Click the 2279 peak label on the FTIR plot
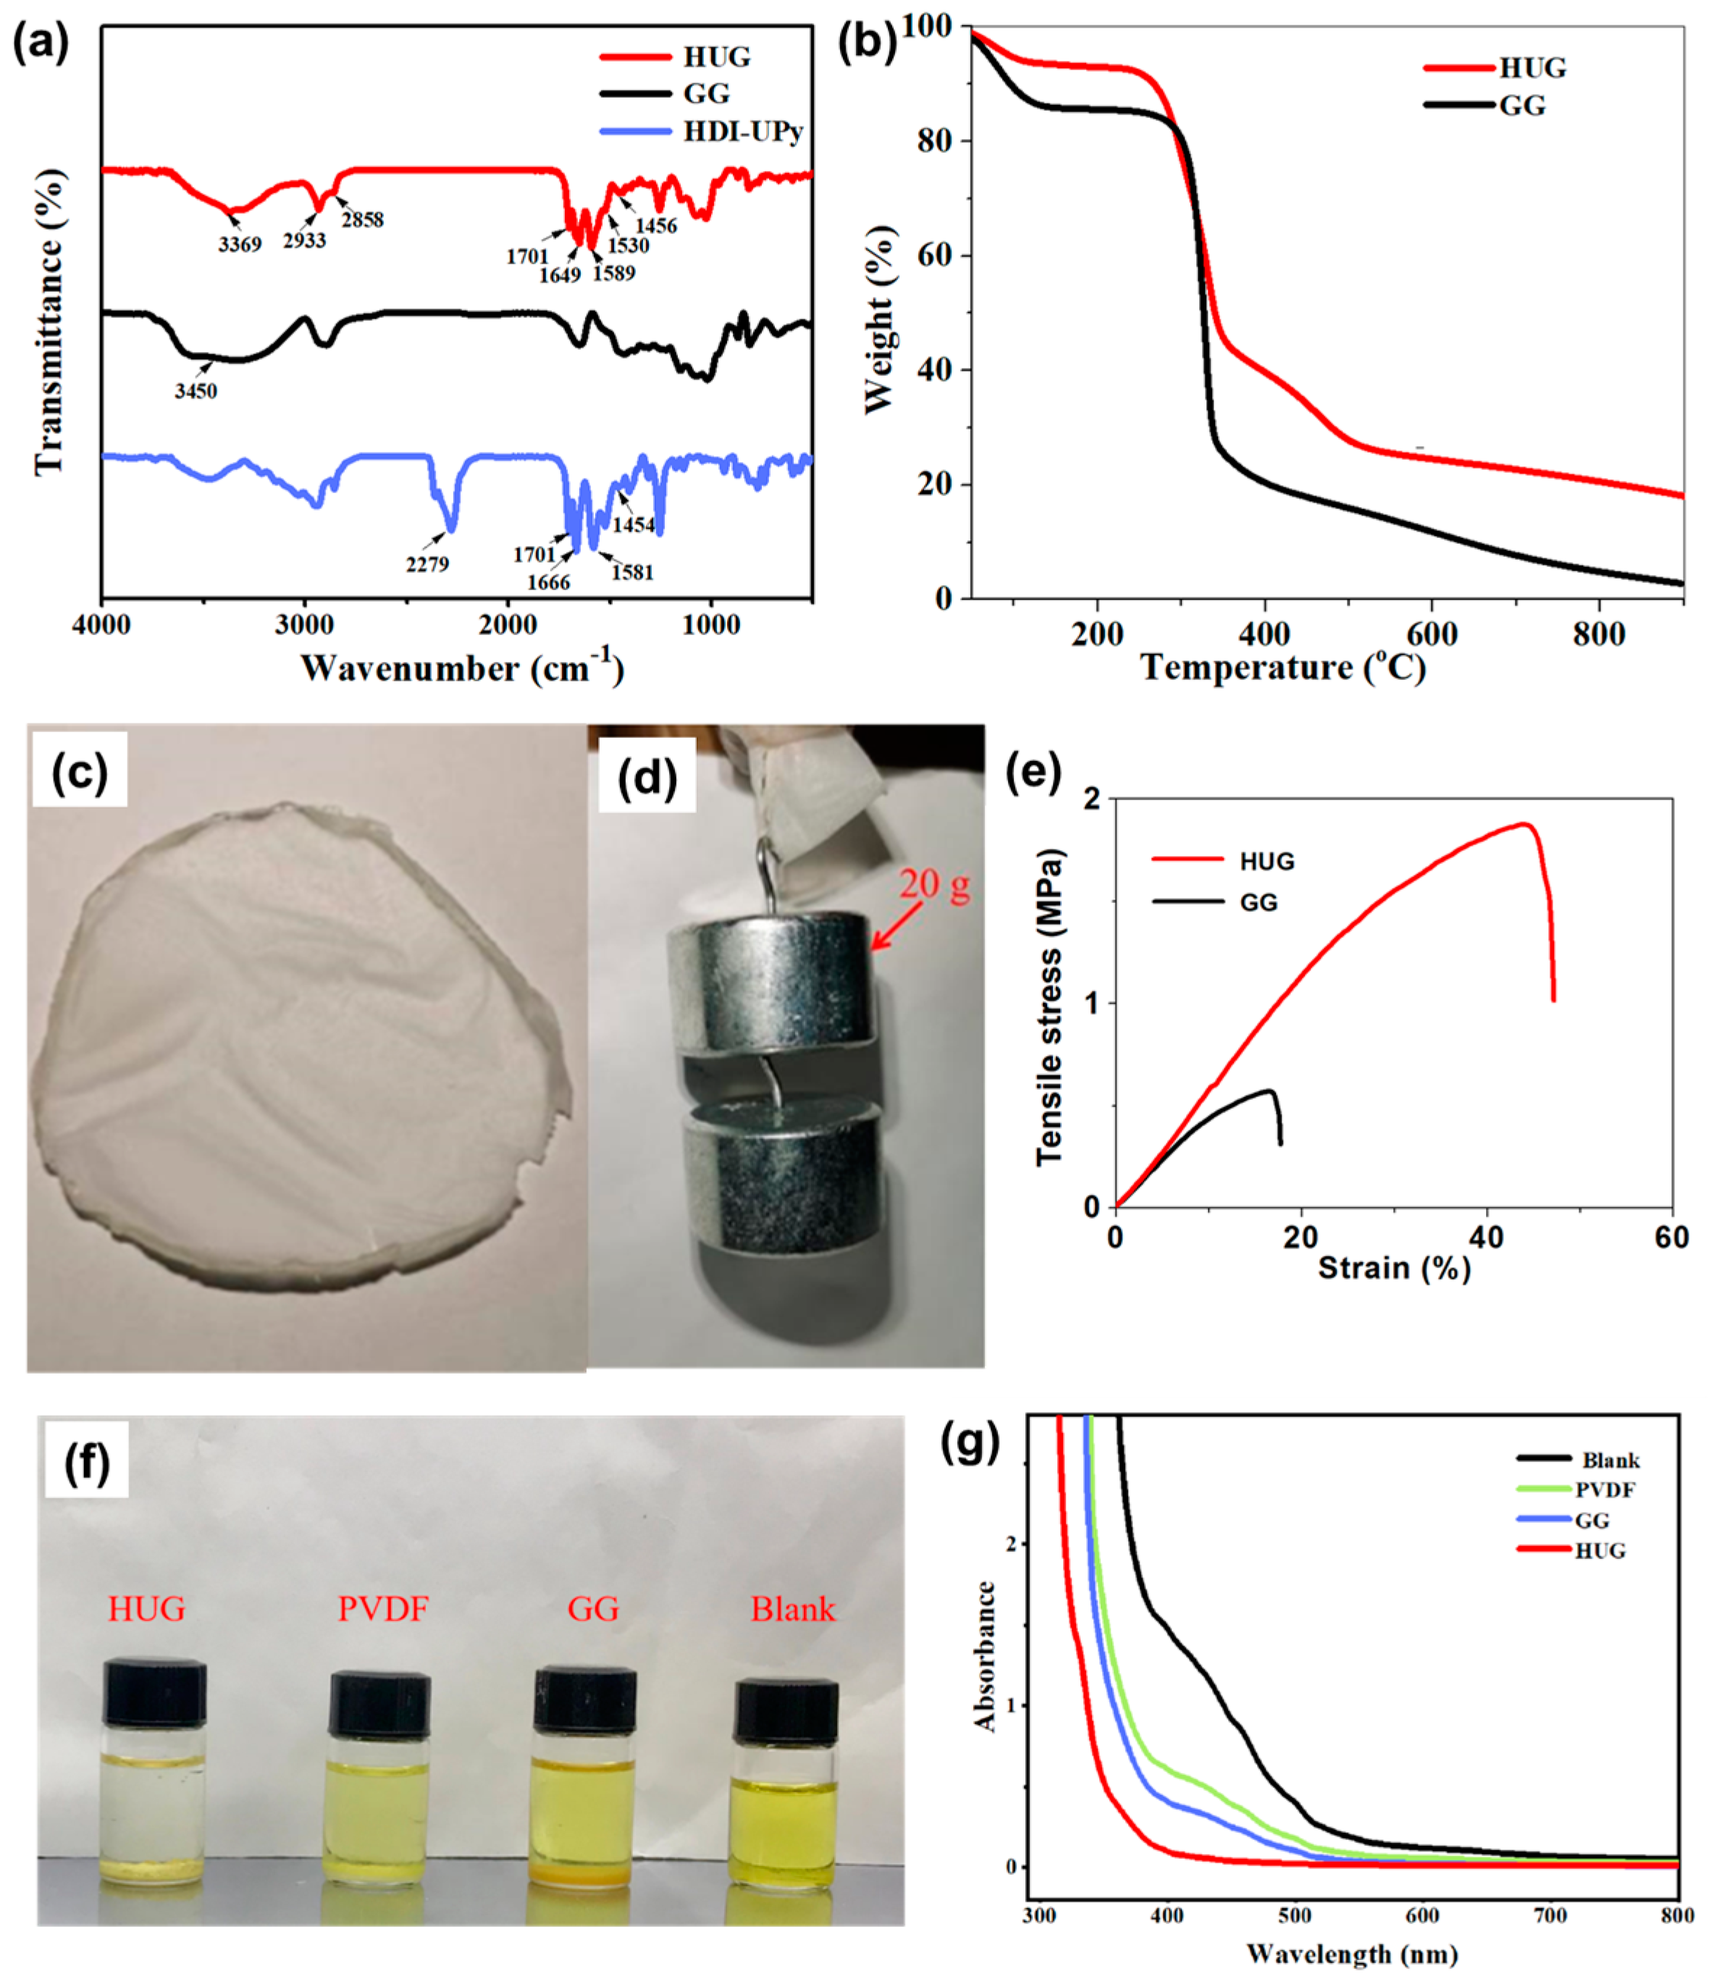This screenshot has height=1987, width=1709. coord(427,565)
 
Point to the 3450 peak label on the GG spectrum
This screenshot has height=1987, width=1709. coord(196,391)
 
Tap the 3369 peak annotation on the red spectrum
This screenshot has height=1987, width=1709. coord(239,245)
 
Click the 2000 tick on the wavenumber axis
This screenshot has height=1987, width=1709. coord(508,625)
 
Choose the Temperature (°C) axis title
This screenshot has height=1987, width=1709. coord(1283,668)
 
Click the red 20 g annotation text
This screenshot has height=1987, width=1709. coord(934,884)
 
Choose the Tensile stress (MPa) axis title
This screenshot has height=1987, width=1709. coord(1049,1008)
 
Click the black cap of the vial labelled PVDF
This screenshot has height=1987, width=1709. coord(379,1702)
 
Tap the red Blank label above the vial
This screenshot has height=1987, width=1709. coord(792,1609)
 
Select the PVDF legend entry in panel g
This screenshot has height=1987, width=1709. coord(1605,1490)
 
